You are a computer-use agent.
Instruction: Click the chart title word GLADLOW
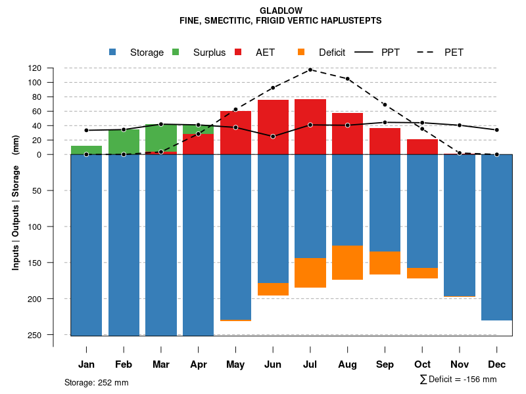[281, 11]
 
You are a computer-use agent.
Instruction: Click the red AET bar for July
[310, 127]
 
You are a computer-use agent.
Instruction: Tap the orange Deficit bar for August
[348, 263]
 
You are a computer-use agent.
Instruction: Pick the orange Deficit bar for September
[385, 263]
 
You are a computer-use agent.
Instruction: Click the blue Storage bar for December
[496, 237]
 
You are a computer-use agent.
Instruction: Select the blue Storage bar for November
[460, 225]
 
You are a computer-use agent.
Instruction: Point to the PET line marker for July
[310, 70]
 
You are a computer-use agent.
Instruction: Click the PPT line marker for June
[273, 137]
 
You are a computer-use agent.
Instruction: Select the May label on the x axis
[235, 364]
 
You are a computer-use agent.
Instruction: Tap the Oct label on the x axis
[422, 364]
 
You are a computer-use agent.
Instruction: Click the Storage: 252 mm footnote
[97, 382]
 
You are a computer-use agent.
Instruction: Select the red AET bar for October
[422, 146]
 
